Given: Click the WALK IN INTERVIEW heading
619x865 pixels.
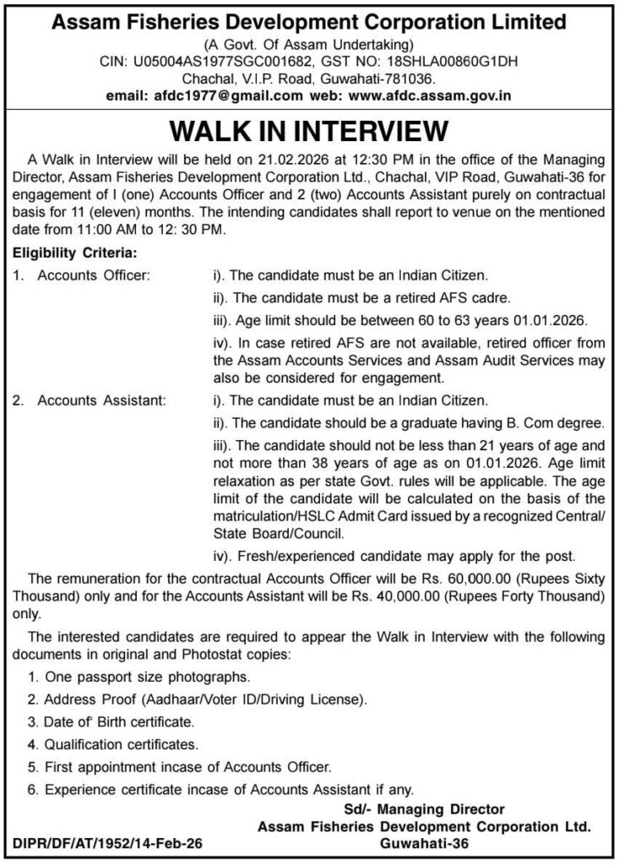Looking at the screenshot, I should [308, 133].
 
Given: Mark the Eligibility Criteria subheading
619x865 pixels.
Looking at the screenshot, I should [73, 252].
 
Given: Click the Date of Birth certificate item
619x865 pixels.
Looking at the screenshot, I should [110, 723].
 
